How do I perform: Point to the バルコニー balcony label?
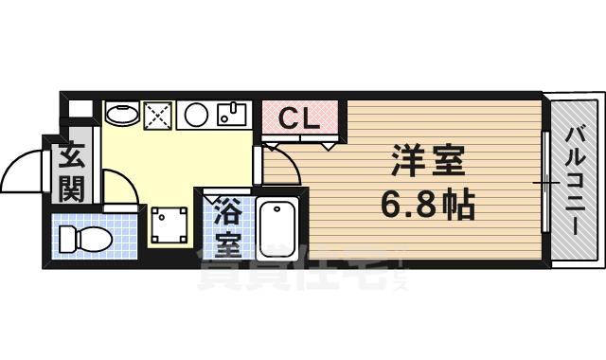tap(574, 179)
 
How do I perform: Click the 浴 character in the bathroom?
tap(227, 207)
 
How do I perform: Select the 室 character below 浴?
tap(227, 241)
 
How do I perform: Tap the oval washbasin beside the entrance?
tap(119, 116)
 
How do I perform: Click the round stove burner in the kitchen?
tap(197, 116)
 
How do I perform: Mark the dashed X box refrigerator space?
tap(157, 117)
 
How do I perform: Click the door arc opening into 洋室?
tap(282, 167)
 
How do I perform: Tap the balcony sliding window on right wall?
tap(545, 180)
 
